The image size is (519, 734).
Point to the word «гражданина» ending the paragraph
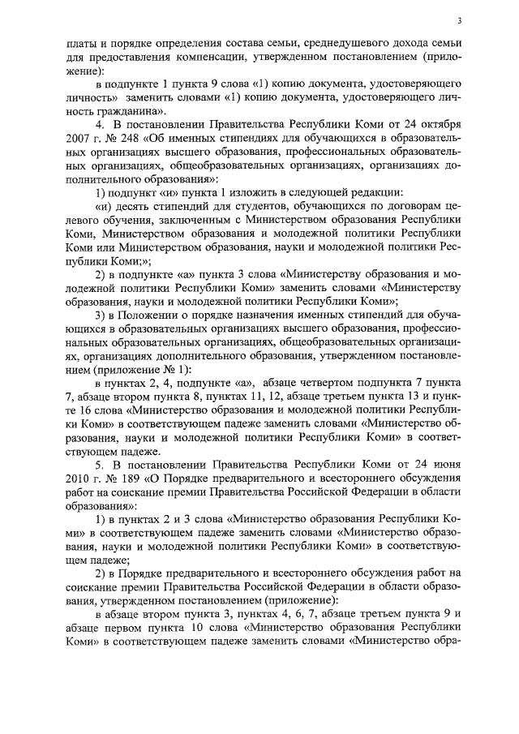[x=119, y=110]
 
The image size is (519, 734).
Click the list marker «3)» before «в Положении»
[x=101, y=315]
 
